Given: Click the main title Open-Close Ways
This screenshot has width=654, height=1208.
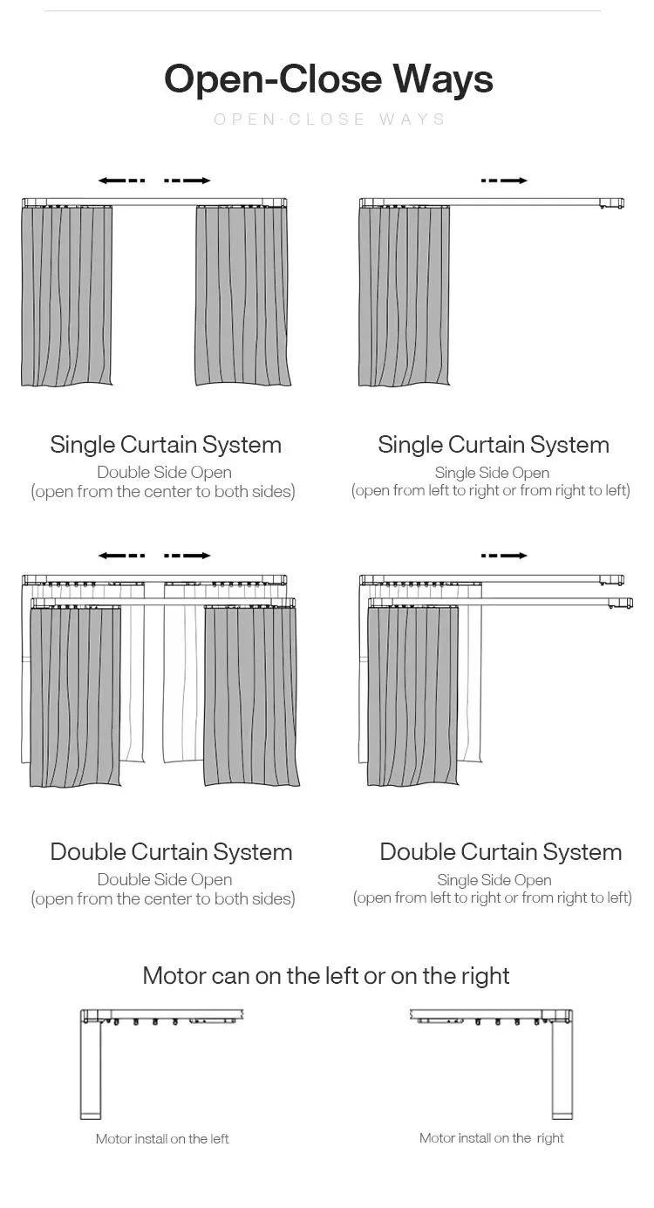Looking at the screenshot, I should pos(328,78).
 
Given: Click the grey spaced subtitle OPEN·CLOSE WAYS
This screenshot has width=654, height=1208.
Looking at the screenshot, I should pos(330,119).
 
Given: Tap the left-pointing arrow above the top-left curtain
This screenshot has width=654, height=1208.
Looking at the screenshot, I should pos(121,181).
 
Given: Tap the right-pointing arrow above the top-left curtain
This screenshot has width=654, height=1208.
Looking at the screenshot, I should pos(187,181).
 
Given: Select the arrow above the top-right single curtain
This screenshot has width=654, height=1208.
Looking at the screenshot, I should pos(504,181).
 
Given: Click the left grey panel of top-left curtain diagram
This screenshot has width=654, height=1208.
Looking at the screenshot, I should pos(67,297).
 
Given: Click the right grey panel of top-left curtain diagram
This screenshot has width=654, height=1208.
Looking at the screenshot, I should pos(242,297).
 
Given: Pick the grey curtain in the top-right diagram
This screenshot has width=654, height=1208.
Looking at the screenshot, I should pos(405,297).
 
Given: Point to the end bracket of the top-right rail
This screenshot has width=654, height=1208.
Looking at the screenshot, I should pos(611,203).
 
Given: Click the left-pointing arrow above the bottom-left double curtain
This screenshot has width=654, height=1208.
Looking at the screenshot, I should pos(121,556).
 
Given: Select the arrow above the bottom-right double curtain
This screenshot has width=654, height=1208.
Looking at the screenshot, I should pos(504,556).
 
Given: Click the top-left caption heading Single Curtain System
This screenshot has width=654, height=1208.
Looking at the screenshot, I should pos(166,445).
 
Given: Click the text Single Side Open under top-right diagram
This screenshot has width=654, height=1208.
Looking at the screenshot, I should pos(492,473).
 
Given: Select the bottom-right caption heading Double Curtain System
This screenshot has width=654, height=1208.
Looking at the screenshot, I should pos(501,852).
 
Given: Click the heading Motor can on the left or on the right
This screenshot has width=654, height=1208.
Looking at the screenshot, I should pos(326,975).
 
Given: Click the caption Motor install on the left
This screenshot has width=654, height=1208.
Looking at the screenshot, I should pos(162,1139).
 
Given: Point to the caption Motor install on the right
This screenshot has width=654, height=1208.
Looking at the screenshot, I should pos(491,1138).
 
